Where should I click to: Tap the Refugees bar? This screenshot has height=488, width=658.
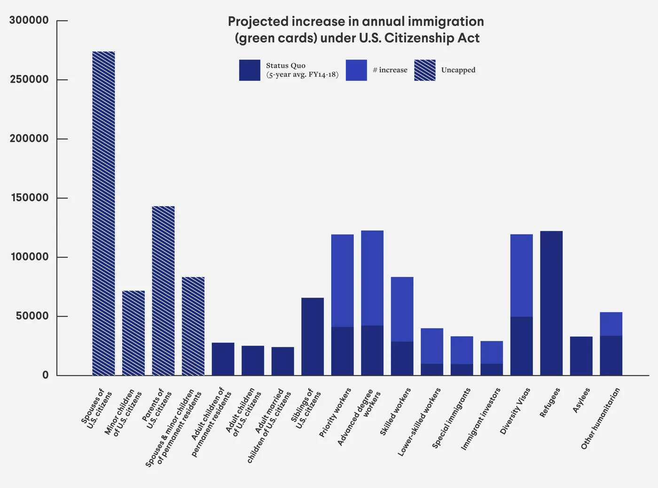pos(551,303)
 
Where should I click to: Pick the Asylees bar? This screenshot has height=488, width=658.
pos(581,356)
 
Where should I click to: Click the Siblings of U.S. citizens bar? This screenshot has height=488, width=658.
pos(313,337)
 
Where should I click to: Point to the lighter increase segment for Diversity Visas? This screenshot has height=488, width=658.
pos(522,275)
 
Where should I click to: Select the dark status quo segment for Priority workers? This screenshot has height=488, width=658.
pos(343,351)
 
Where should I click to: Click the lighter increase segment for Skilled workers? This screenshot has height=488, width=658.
pos(402,309)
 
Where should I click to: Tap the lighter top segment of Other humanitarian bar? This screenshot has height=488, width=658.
pos(611,324)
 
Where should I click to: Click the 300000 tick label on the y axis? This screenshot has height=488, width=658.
pos(29,21)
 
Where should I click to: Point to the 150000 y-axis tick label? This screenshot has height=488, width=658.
pos(29,198)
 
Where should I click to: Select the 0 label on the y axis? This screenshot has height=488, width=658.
pos(46,375)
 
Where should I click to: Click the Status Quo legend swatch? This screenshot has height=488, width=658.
pos(250,70)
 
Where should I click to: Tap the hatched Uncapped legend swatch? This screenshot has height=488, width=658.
pos(425,70)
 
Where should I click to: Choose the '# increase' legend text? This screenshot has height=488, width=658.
pos(390,70)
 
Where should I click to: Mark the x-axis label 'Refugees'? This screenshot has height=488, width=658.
pos(550,402)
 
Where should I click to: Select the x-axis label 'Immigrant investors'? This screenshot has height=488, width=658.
pos(481,419)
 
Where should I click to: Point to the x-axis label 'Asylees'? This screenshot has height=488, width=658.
pos(581,400)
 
